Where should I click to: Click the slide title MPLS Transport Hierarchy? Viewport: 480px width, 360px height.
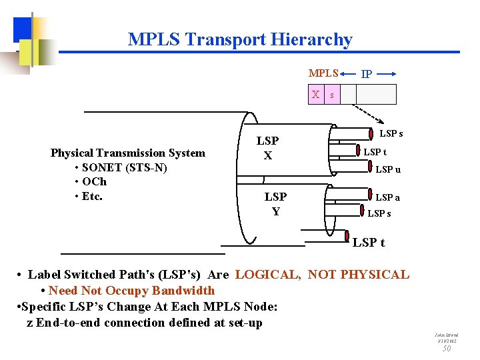240,40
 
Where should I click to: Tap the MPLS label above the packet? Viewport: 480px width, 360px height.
323,73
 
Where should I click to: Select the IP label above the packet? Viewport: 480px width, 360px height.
366,74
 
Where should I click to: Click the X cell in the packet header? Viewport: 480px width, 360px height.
315,95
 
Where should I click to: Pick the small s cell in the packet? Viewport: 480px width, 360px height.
331,95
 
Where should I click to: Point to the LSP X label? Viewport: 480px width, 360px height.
267,148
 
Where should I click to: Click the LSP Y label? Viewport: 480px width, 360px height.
275,204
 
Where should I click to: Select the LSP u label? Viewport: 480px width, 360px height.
388,169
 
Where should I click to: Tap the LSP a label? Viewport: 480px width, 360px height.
387,197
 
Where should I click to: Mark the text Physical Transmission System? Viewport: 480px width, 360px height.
128,153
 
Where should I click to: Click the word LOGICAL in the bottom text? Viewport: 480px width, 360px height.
267,275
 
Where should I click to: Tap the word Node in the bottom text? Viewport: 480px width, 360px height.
259,307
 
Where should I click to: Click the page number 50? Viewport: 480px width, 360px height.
447,348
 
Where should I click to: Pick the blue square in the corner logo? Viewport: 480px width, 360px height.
23,28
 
